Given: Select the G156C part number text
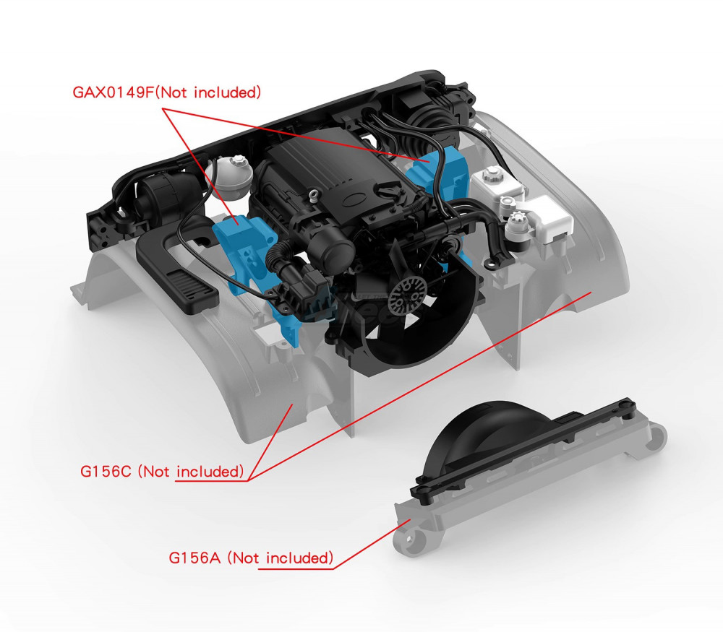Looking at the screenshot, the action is click(106, 471).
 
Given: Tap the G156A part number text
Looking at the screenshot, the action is click(194, 558).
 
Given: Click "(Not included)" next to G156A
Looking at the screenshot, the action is click(281, 558).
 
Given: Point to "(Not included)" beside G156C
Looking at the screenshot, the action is click(191, 471).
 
